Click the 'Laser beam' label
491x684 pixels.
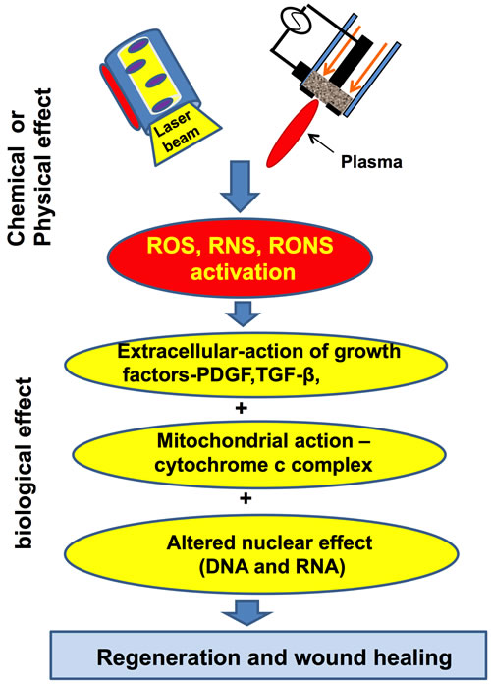click(x=177, y=131)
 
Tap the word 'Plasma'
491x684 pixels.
click(x=371, y=162)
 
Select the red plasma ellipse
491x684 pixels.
click(x=293, y=133)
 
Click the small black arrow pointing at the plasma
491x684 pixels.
click(x=322, y=142)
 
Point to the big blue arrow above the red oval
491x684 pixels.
click(x=241, y=187)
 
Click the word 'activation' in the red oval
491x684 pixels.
click(x=244, y=272)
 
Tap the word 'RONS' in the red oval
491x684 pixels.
click(x=300, y=245)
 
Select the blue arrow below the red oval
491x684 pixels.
click(x=243, y=313)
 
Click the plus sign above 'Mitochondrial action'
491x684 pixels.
click(x=241, y=408)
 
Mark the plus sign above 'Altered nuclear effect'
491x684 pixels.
click(x=245, y=498)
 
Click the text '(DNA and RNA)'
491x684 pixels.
click(x=272, y=567)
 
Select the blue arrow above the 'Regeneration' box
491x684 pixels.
click(x=246, y=613)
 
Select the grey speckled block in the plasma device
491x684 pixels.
click(x=327, y=90)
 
